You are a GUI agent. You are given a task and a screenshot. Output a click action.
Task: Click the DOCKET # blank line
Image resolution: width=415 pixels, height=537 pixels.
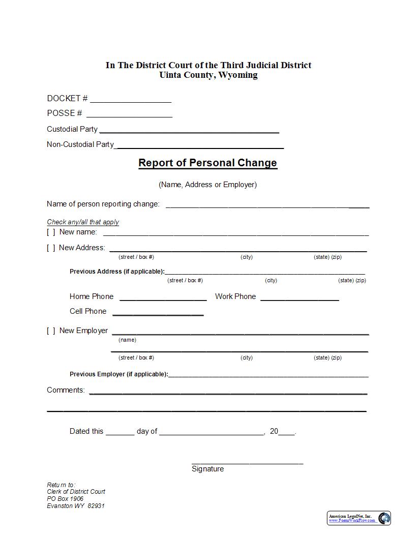tap(131, 100)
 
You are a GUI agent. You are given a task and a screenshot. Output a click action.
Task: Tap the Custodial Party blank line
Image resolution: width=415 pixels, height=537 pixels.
tap(189, 130)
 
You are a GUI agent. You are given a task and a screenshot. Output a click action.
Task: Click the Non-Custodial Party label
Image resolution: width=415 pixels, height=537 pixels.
tap(80, 144)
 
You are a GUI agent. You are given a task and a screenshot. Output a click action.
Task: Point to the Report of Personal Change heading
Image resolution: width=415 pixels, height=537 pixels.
tap(207, 163)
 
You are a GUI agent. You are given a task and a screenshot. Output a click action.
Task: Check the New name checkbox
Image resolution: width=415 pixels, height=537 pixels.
tap(51, 232)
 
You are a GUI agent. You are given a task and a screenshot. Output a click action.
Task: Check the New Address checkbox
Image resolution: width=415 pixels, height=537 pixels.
tap(51, 248)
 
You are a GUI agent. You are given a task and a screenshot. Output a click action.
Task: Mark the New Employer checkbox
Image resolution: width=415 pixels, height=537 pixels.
tap(51, 331)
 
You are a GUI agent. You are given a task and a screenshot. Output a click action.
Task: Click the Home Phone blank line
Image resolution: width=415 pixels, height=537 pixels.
tap(163, 298)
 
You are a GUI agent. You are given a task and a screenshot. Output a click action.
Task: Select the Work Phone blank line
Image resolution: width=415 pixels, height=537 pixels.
tap(300, 298)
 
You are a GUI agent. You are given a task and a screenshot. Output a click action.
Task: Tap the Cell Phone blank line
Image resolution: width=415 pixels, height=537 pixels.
tap(158, 313)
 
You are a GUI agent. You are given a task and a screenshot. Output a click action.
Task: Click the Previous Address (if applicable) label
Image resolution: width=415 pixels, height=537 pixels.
tap(117, 272)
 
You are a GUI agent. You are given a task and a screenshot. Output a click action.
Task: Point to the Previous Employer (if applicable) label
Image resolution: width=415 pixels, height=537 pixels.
tap(118, 374)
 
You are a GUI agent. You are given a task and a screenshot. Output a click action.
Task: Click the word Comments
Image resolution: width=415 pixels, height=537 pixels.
tap(66, 390)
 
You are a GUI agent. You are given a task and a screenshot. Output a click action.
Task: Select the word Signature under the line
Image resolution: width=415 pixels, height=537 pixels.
tap(207, 469)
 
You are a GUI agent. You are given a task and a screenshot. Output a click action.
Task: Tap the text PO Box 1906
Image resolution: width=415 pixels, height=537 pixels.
tap(65, 499)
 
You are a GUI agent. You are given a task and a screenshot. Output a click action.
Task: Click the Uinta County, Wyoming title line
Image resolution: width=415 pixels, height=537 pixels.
tap(208, 75)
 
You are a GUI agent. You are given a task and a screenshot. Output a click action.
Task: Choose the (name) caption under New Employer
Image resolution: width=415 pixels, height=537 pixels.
tap(127, 340)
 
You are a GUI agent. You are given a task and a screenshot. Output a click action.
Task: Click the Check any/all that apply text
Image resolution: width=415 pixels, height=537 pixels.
tap(83, 222)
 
